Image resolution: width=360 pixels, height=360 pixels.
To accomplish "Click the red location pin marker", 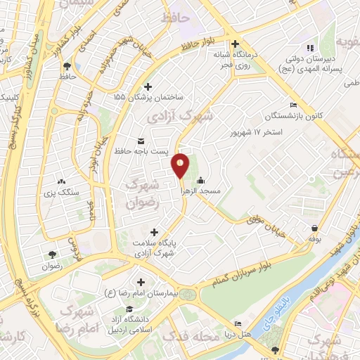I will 181,166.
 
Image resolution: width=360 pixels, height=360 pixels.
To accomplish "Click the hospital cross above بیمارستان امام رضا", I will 141,281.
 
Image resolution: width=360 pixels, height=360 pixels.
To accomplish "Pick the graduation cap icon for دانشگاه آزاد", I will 129,309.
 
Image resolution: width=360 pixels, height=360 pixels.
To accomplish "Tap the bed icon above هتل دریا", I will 238,323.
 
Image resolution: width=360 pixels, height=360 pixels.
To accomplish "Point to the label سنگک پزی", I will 63,192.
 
